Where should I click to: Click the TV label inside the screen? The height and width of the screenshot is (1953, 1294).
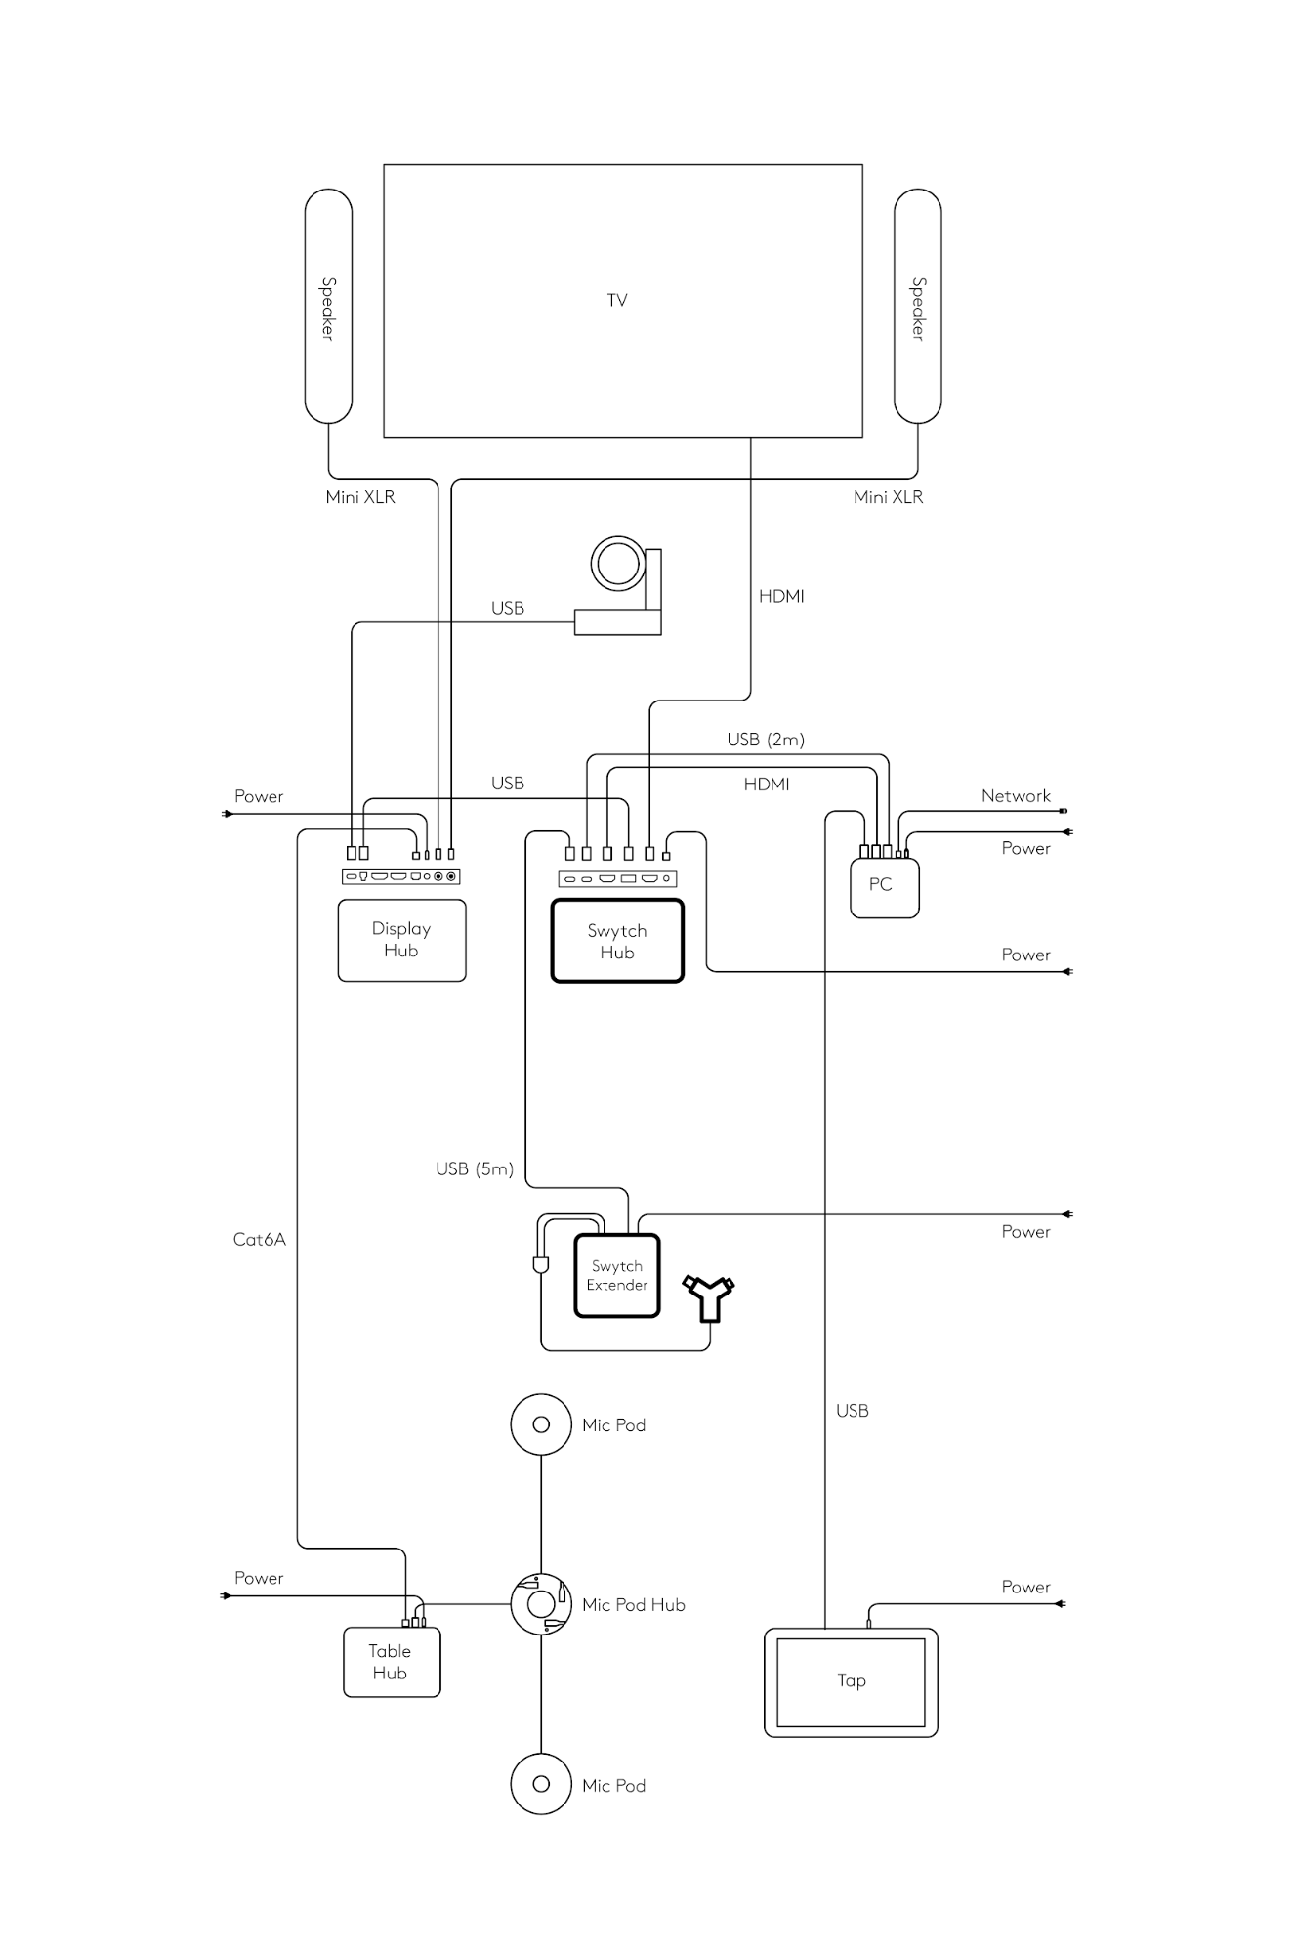[617, 300]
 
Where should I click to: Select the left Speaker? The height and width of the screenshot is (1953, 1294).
[328, 307]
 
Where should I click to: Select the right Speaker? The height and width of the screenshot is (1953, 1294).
[918, 307]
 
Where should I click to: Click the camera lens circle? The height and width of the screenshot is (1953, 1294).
[617, 564]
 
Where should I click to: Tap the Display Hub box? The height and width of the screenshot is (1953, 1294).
[401, 940]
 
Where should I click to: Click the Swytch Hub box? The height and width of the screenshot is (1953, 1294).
[617, 941]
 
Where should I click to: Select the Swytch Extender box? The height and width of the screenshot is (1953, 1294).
[617, 1275]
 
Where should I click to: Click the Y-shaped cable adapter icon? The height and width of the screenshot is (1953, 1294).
[709, 1296]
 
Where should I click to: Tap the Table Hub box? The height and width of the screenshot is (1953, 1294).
[391, 1661]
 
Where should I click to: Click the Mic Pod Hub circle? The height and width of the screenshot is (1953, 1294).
[540, 1603]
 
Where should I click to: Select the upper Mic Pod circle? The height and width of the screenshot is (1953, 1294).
[540, 1424]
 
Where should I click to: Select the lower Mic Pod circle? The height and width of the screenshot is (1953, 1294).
[540, 1784]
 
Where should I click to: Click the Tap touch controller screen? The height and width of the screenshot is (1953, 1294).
[851, 1680]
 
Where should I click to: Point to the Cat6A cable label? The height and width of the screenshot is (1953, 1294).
[259, 1239]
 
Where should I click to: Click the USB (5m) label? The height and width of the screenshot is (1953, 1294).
[475, 1168]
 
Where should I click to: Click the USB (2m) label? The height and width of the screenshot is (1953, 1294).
[766, 740]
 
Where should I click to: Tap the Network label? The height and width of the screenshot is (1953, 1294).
[1016, 796]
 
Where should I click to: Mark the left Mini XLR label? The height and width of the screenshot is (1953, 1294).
[360, 497]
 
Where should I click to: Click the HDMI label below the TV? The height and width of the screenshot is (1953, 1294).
[781, 596]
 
